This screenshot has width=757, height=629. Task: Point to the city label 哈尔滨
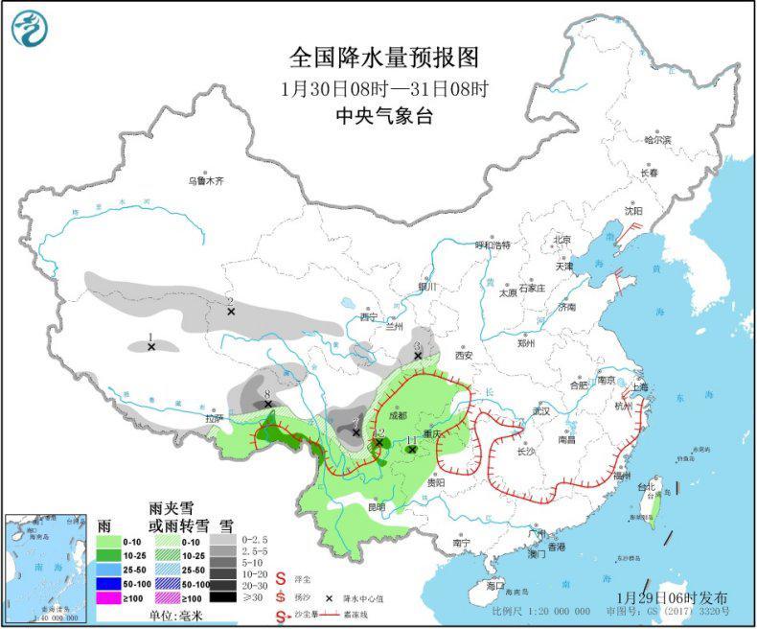coord(657,140)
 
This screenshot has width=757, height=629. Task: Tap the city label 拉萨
coord(213,418)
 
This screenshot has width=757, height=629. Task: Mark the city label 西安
coord(465,354)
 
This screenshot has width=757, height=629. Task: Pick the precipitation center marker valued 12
coord(379,442)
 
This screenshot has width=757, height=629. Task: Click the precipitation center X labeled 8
coord(268,405)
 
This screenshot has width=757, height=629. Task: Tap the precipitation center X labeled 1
coord(151,347)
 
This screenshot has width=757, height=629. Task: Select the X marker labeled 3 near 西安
coord(418,356)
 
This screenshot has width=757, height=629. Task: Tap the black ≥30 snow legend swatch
coord(224,596)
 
